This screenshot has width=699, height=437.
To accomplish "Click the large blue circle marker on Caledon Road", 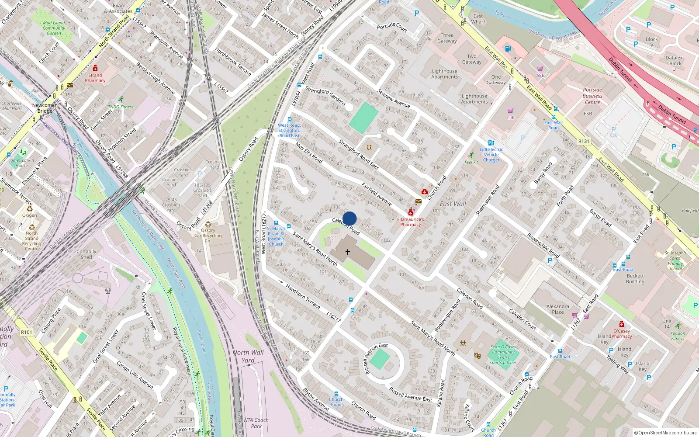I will [x=349, y=218].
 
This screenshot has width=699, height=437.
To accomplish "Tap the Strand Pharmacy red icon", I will [x=95, y=69].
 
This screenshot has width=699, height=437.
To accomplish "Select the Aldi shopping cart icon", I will [x=540, y=69].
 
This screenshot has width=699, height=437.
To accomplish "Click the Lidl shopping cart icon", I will [x=510, y=111].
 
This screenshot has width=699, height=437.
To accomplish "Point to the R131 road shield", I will [x=584, y=141].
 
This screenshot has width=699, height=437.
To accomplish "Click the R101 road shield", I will [x=27, y=332].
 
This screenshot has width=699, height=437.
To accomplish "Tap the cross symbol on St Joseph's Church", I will [x=348, y=252].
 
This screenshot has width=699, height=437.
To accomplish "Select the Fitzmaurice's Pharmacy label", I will [x=410, y=222].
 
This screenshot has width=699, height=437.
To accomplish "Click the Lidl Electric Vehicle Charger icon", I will [x=491, y=142].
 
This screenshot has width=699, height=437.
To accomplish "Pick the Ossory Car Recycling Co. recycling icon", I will [x=208, y=224].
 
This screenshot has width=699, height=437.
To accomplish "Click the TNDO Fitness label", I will [x=121, y=107].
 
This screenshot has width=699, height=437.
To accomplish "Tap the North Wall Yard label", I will [x=248, y=356].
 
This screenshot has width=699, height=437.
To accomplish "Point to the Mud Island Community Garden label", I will [x=54, y=28].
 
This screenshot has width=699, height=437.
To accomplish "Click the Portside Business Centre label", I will [x=592, y=96].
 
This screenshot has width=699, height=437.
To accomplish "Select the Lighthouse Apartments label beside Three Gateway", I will [x=445, y=74].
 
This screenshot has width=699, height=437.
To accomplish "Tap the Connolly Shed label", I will [x=86, y=254].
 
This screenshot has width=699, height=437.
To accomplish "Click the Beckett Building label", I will [x=635, y=279].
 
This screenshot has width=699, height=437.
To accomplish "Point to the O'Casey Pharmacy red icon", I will [x=622, y=324].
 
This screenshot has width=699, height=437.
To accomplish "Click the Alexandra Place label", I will [x=558, y=309].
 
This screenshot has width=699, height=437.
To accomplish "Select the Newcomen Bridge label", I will [x=45, y=108].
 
